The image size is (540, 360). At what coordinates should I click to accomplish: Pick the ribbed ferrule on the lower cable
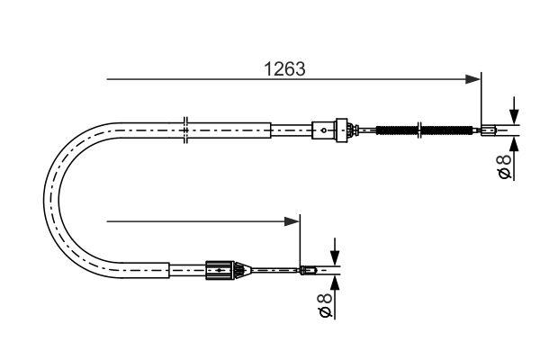point(219,268)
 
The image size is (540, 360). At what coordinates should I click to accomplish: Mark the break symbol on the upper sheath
point(184,130)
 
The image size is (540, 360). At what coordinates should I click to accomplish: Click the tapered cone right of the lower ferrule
point(240,268)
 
